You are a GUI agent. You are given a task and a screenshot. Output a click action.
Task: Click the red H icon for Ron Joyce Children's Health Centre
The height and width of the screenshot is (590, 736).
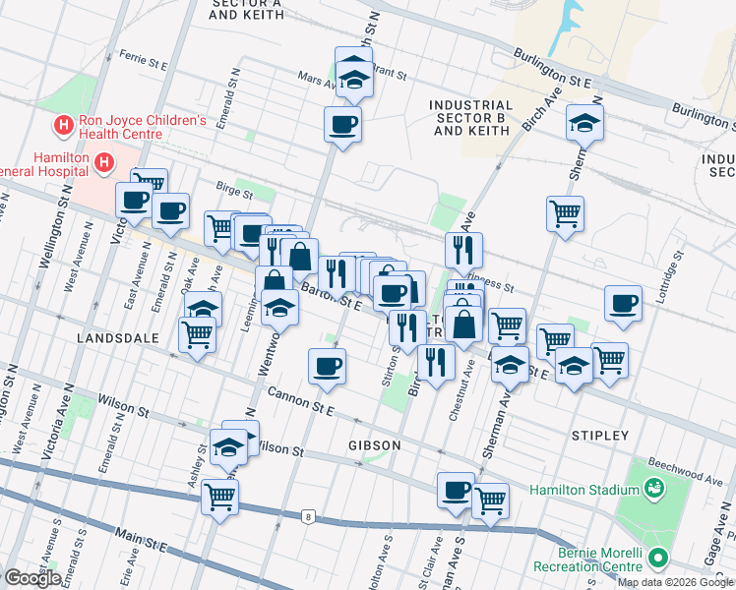tap(63, 125)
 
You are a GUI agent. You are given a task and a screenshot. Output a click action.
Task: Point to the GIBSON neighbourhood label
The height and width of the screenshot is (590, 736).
tap(374, 445)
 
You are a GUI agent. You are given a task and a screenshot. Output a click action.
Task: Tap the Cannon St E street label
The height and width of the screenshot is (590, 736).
tap(304, 400)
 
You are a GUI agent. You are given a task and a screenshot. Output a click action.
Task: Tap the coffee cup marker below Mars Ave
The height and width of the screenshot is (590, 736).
tap(342, 125)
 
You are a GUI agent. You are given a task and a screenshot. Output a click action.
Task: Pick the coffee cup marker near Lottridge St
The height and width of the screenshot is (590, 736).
tap(623, 304)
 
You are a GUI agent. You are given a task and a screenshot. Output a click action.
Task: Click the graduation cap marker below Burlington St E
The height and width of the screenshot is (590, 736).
tap(584, 123)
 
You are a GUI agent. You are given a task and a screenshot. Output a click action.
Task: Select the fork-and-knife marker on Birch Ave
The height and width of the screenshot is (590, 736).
tap(462, 251)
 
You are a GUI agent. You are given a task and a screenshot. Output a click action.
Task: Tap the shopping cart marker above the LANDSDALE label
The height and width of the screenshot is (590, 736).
tap(198, 334)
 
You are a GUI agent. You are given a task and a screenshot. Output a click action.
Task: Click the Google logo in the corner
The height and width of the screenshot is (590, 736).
tap(31, 578)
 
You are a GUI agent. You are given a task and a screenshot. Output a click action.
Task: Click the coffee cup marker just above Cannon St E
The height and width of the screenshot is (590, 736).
tap(328, 366)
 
